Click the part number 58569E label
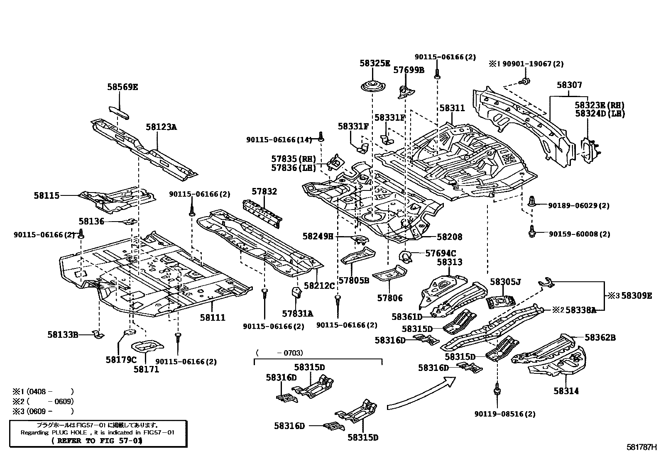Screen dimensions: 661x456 pos(122,87)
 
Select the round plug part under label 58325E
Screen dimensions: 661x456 pos(373,87)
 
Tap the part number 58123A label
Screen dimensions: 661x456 pos(161,127)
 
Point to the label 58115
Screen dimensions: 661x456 pos(47,195)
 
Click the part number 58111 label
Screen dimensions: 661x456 pos(213,318)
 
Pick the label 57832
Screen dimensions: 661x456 pos(264,191)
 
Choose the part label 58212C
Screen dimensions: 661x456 pos(319,285)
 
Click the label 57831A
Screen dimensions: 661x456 pos(297,314)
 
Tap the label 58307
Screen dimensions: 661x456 pos(570,85)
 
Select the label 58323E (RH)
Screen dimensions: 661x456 pos(600,105)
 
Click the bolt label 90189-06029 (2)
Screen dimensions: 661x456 pos(579,205)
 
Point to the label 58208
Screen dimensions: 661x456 pos(449,237)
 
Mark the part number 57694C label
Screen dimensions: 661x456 pos(441,254)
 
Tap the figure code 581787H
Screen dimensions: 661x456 pos(643,447)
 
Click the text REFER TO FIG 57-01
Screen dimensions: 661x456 pos(97,441)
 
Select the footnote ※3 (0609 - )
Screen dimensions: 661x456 pos(43,411)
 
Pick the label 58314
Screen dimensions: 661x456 pos(566,391)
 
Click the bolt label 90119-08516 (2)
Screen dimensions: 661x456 pos(505,414)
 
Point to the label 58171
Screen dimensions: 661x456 pos(146,369)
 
